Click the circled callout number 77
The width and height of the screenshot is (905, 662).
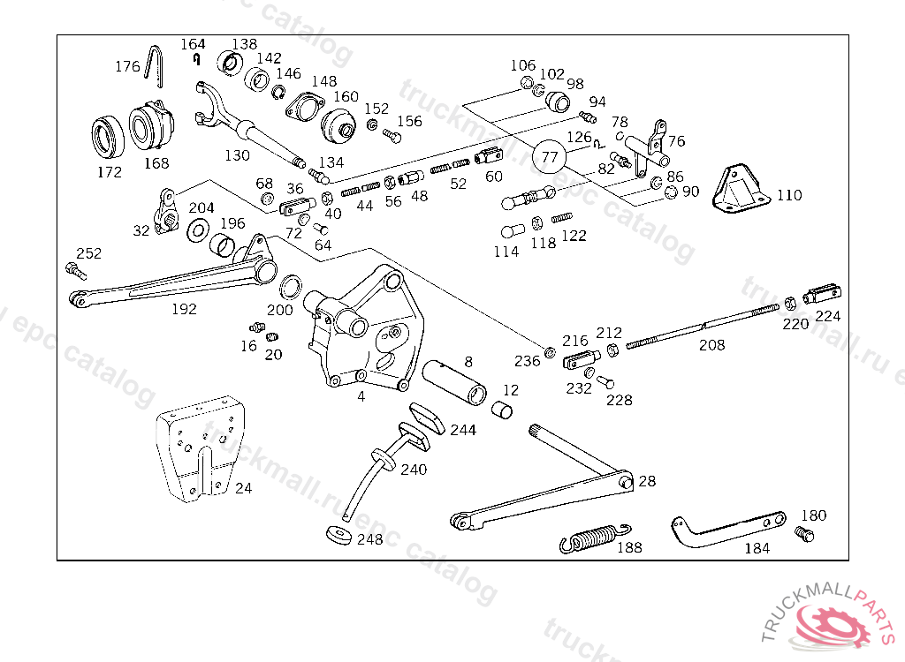tap(550, 157)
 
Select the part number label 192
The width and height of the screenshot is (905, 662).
tap(184, 309)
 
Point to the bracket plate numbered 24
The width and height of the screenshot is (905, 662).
tap(201, 449)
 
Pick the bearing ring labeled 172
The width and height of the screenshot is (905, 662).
tap(110, 134)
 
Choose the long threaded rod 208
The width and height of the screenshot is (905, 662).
tap(703, 327)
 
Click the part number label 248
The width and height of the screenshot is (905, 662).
tap(369, 538)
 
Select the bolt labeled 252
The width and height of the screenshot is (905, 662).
tap(74, 270)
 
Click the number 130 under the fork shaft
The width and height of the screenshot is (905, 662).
tap(237, 155)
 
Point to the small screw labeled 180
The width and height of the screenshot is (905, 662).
tap(804, 534)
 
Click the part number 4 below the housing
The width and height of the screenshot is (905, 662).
tap(361, 396)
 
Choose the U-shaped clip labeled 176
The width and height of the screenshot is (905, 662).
tap(157, 67)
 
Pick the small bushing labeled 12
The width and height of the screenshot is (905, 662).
tap(502, 410)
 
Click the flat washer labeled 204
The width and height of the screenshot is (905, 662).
tap(198, 232)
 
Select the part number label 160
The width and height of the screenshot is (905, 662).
tap(346, 97)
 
